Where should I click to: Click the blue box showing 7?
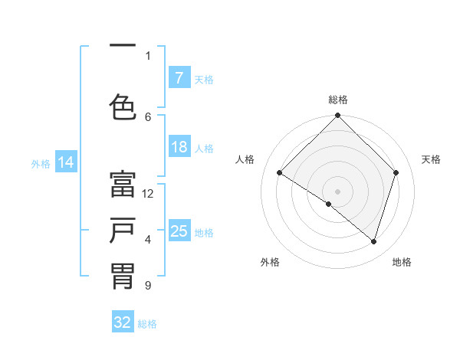(x=179, y=78)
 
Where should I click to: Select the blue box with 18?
(x=179, y=147)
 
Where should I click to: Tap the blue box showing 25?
(x=179, y=231)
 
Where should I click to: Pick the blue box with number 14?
(x=66, y=162)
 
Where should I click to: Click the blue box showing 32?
(x=123, y=322)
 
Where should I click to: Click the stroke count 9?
(x=147, y=286)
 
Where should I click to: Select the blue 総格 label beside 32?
(x=147, y=324)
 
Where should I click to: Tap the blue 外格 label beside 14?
(x=41, y=163)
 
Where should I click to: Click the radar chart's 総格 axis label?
(x=338, y=100)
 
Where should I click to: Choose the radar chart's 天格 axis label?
(x=432, y=159)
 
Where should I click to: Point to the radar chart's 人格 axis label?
(x=245, y=159)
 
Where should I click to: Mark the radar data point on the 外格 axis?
(x=329, y=204)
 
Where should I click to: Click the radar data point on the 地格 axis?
(x=374, y=241)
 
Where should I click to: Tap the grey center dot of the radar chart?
(x=338, y=191)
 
